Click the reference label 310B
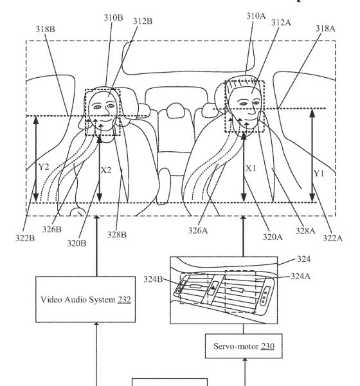[x=113, y=18]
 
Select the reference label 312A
[x=281, y=23]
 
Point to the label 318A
[x=325, y=28]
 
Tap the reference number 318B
[x=46, y=29]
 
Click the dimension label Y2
[x=44, y=167]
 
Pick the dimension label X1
[x=251, y=169]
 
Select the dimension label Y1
[x=319, y=174]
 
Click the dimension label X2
[x=106, y=170]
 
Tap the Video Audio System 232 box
[x=85, y=299]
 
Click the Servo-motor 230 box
[x=244, y=346]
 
